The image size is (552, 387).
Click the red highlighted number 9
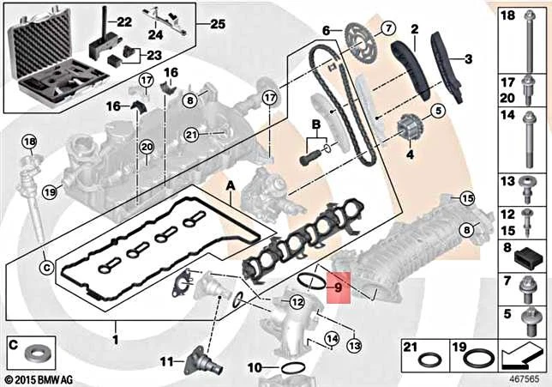[339, 289]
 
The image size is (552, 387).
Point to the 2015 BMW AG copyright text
[39, 378]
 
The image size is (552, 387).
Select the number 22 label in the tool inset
[124, 21]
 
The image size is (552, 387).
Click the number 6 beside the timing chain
[326, 31]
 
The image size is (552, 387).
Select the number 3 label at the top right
[468, 59]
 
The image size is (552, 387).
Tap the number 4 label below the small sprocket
[409, 154]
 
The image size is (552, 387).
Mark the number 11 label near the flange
[168, 360]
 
